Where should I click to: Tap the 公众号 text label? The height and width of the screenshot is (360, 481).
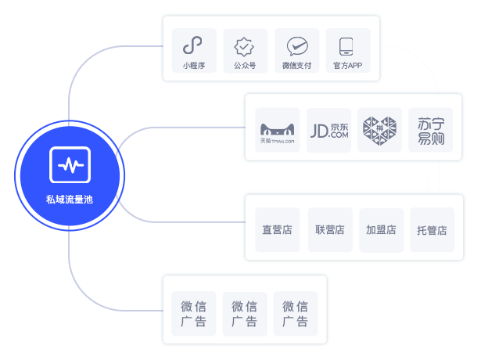pyautogui.click(x=245, y=66)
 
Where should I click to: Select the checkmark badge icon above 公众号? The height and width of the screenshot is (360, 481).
pyautogui.click(x=245, y=45)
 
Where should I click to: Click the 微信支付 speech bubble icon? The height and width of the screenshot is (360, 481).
pyautogui.click(x=296, y=45)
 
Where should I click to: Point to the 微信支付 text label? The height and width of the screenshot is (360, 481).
pyautogui.click(x=296, y=66)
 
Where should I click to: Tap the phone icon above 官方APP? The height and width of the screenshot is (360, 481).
pyautogui.click(x=347, y=45)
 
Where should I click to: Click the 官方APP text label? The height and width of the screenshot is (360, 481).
pyautogui.click(x=347, y=66)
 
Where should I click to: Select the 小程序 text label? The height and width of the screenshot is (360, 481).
pyautogui.click(x=194, y=66)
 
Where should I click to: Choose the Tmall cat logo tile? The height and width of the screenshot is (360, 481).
pyautogui.click(x=278, y=131)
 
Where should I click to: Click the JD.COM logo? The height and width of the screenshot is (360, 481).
pyautogui.click(x=328, y=131)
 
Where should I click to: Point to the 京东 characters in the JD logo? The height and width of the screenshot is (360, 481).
pyautogui.click(x=339, y=125)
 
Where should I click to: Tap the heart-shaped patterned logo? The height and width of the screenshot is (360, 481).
pyautogui.click(x=379, y=131)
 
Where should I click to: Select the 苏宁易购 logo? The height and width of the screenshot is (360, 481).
pyautogui.click(x=430, y=131)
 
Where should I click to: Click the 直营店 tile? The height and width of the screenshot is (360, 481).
pyautogui.click(x=277, y=230)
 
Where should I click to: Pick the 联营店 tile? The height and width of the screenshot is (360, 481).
pyautogui.click(x=330, y=230)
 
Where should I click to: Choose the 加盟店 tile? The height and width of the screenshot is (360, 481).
pyautogui.click(x=381, y=230)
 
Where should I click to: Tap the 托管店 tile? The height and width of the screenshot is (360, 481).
pyautogui.click(x=432, y=230)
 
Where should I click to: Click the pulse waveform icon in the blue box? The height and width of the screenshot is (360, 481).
pyautogui.click(x=70, y=165)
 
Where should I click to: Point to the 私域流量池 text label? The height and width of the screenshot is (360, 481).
pyautogui.click(x=70, y=200)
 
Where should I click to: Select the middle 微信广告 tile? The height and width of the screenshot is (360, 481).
pyautogui.click(x=245, y=314)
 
